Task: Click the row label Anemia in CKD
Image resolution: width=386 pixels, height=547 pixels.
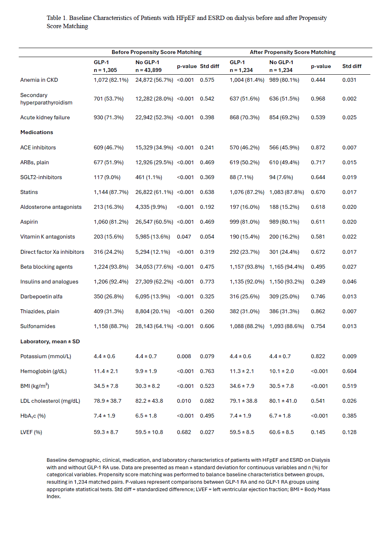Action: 39,80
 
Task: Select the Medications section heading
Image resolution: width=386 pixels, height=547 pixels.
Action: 37,132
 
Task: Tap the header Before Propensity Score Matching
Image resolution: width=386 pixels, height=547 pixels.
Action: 156,52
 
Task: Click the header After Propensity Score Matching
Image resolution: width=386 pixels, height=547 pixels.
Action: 292,52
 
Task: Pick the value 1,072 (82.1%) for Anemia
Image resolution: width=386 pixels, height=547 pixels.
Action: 111,80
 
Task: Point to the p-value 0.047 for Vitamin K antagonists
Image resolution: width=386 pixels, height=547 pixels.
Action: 184,237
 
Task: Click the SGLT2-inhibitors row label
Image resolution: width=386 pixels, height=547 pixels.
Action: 41,177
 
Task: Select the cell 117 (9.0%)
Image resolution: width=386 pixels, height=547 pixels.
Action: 107,177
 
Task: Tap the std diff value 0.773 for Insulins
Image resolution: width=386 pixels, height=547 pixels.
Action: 207,282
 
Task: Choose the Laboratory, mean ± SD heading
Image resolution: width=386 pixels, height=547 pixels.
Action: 50,341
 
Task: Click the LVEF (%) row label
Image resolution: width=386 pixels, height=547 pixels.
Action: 31,432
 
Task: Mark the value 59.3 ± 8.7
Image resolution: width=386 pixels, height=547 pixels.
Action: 106,432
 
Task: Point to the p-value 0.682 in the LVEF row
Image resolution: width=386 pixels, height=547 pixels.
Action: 184,432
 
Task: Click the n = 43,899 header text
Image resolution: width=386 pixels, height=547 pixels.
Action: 148,70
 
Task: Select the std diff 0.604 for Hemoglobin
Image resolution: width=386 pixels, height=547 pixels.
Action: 349,371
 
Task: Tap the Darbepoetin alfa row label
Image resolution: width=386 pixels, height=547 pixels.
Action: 41,296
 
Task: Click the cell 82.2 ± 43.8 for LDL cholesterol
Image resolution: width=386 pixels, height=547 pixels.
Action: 149,401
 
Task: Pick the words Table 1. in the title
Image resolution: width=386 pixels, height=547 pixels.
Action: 57,18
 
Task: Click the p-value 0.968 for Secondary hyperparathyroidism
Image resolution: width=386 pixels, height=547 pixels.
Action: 318,99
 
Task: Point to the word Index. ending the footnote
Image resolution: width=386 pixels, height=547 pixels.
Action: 54,497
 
